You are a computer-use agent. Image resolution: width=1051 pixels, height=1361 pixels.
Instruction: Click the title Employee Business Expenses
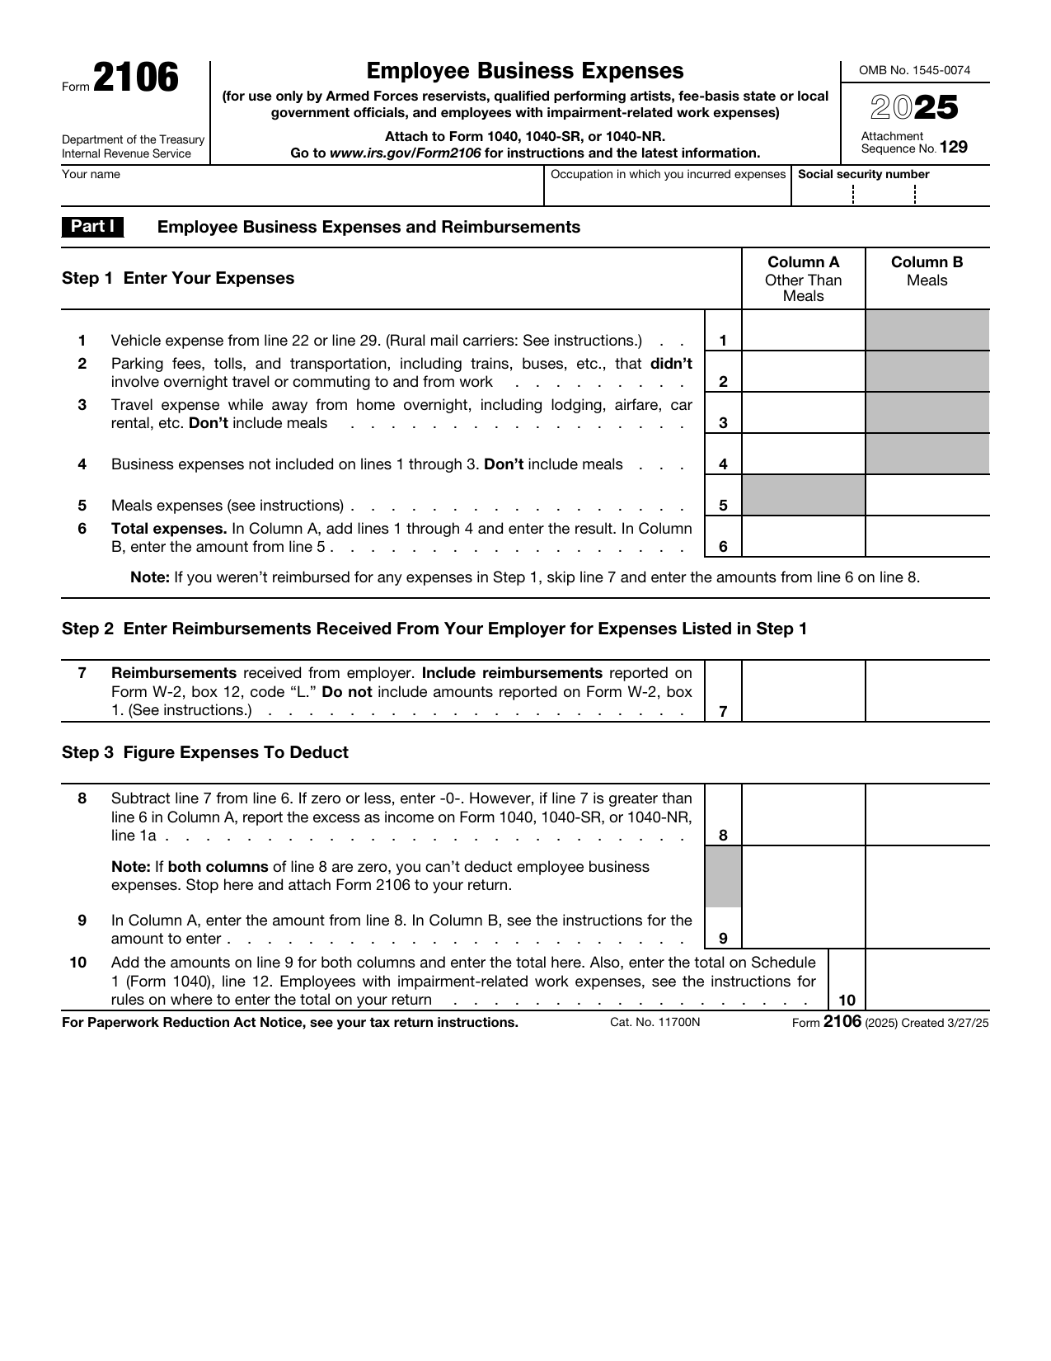point(525,71)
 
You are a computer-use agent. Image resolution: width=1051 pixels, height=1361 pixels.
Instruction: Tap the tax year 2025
point(914,108)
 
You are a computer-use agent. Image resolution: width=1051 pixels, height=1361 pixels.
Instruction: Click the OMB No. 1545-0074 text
point(914,71)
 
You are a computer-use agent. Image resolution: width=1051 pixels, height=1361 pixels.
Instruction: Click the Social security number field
point(890,195)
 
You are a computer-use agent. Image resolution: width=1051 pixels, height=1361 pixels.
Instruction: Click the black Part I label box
point(92,227)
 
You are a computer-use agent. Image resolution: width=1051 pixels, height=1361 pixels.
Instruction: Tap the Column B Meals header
point(927,271)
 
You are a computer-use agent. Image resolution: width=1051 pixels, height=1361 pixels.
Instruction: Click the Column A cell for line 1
point(803,332)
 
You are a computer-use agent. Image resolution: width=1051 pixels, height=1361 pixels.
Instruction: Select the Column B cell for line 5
point(927,496)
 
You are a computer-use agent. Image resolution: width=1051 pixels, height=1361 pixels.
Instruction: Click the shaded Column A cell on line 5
point(803,496)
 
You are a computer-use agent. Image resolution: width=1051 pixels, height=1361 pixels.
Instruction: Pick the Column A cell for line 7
point(803,691)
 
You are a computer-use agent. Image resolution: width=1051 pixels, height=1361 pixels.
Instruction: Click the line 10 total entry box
point(927,980)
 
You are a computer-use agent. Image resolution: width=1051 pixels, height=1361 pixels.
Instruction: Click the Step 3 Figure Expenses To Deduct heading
point(205,752)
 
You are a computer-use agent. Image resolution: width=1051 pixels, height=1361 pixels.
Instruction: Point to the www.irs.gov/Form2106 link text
point(405,153)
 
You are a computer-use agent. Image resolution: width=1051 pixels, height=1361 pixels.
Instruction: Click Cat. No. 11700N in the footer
point(655,1023)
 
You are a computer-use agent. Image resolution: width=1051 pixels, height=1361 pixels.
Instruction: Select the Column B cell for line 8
point(927,815)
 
